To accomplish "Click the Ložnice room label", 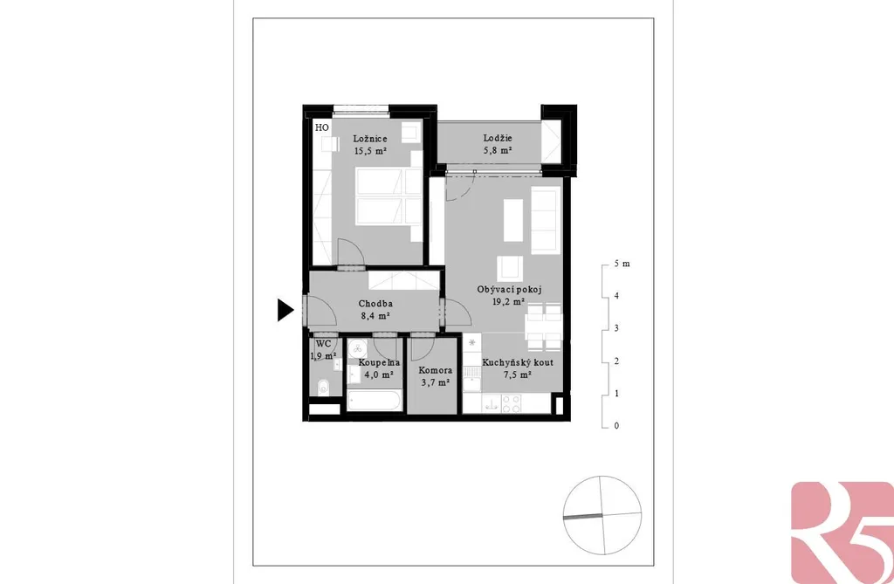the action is click(x=370, y=139).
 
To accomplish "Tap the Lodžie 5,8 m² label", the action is click(x=498, y=144).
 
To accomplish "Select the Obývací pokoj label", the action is click(x=509, y=289).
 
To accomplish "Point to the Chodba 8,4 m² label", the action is click(x=375, y=310).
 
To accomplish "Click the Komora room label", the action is click(x=436, y=371).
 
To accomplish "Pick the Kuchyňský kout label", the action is click(x=518, y=363).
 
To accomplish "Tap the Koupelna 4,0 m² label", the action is click(x=379, y=368).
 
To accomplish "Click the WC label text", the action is click(x=323, y=344).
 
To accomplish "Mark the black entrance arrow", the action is click(x=285, y=310).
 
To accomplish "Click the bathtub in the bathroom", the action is click(x=375, y=400).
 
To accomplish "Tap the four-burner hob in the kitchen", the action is click(x=512, y=404).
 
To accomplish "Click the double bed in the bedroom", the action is click(x=382, y=196).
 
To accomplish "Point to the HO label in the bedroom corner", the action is click(x=322, y=127).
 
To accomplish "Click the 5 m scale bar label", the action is click(x=622, y=264).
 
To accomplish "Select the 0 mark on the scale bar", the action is click(x=616, y=425).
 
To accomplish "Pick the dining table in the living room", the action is click(x=544, y=326).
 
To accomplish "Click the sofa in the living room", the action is click(x=544, y=221).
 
